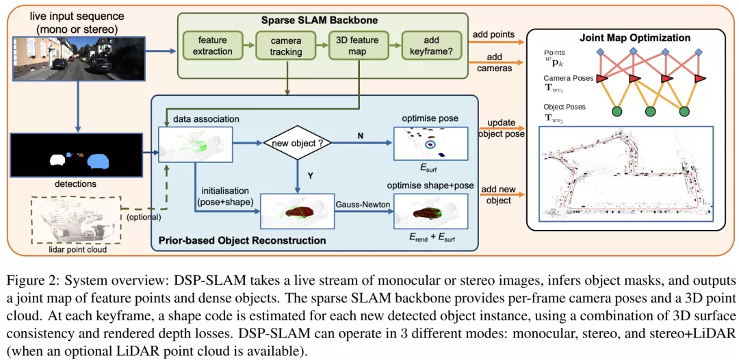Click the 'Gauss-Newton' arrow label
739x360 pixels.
359,203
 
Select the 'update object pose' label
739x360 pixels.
502,128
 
